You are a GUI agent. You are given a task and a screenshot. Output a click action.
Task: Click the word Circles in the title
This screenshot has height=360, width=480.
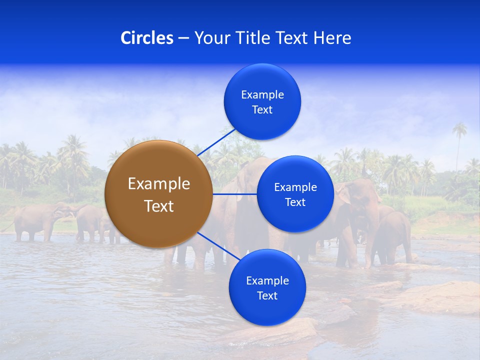[147, 38]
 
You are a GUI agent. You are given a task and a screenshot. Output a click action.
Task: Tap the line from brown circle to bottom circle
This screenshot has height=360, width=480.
[219, 246]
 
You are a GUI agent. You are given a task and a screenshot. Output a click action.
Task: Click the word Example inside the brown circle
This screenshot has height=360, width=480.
[159, 184]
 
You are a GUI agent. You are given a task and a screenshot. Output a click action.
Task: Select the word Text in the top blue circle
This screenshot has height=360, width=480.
[262, 109]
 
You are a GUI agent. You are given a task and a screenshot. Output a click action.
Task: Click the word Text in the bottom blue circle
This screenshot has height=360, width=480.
[267, 295]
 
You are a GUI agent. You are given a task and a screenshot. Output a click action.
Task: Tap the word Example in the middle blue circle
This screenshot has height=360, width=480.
[295, 187]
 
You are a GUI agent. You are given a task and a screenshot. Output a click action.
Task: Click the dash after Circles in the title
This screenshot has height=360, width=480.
[183, 38]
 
